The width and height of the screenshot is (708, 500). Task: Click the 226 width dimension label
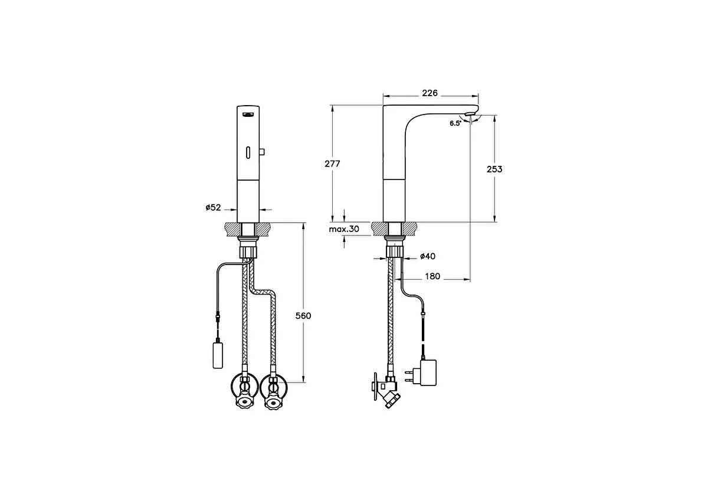pos(430,93)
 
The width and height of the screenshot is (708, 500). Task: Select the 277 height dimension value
pos(333,164)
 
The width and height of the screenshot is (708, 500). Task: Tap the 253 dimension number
pos(494,169)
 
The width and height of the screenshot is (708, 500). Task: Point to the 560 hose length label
pos(303,316)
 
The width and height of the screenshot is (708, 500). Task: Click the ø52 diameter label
pos(213,207)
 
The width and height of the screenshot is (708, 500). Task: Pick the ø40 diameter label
pos(427,256)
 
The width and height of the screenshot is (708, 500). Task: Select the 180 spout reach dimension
pos(432,276)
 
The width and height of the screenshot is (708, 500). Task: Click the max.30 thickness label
pos(344,229)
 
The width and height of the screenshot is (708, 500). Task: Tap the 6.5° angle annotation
pos(455,123)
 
